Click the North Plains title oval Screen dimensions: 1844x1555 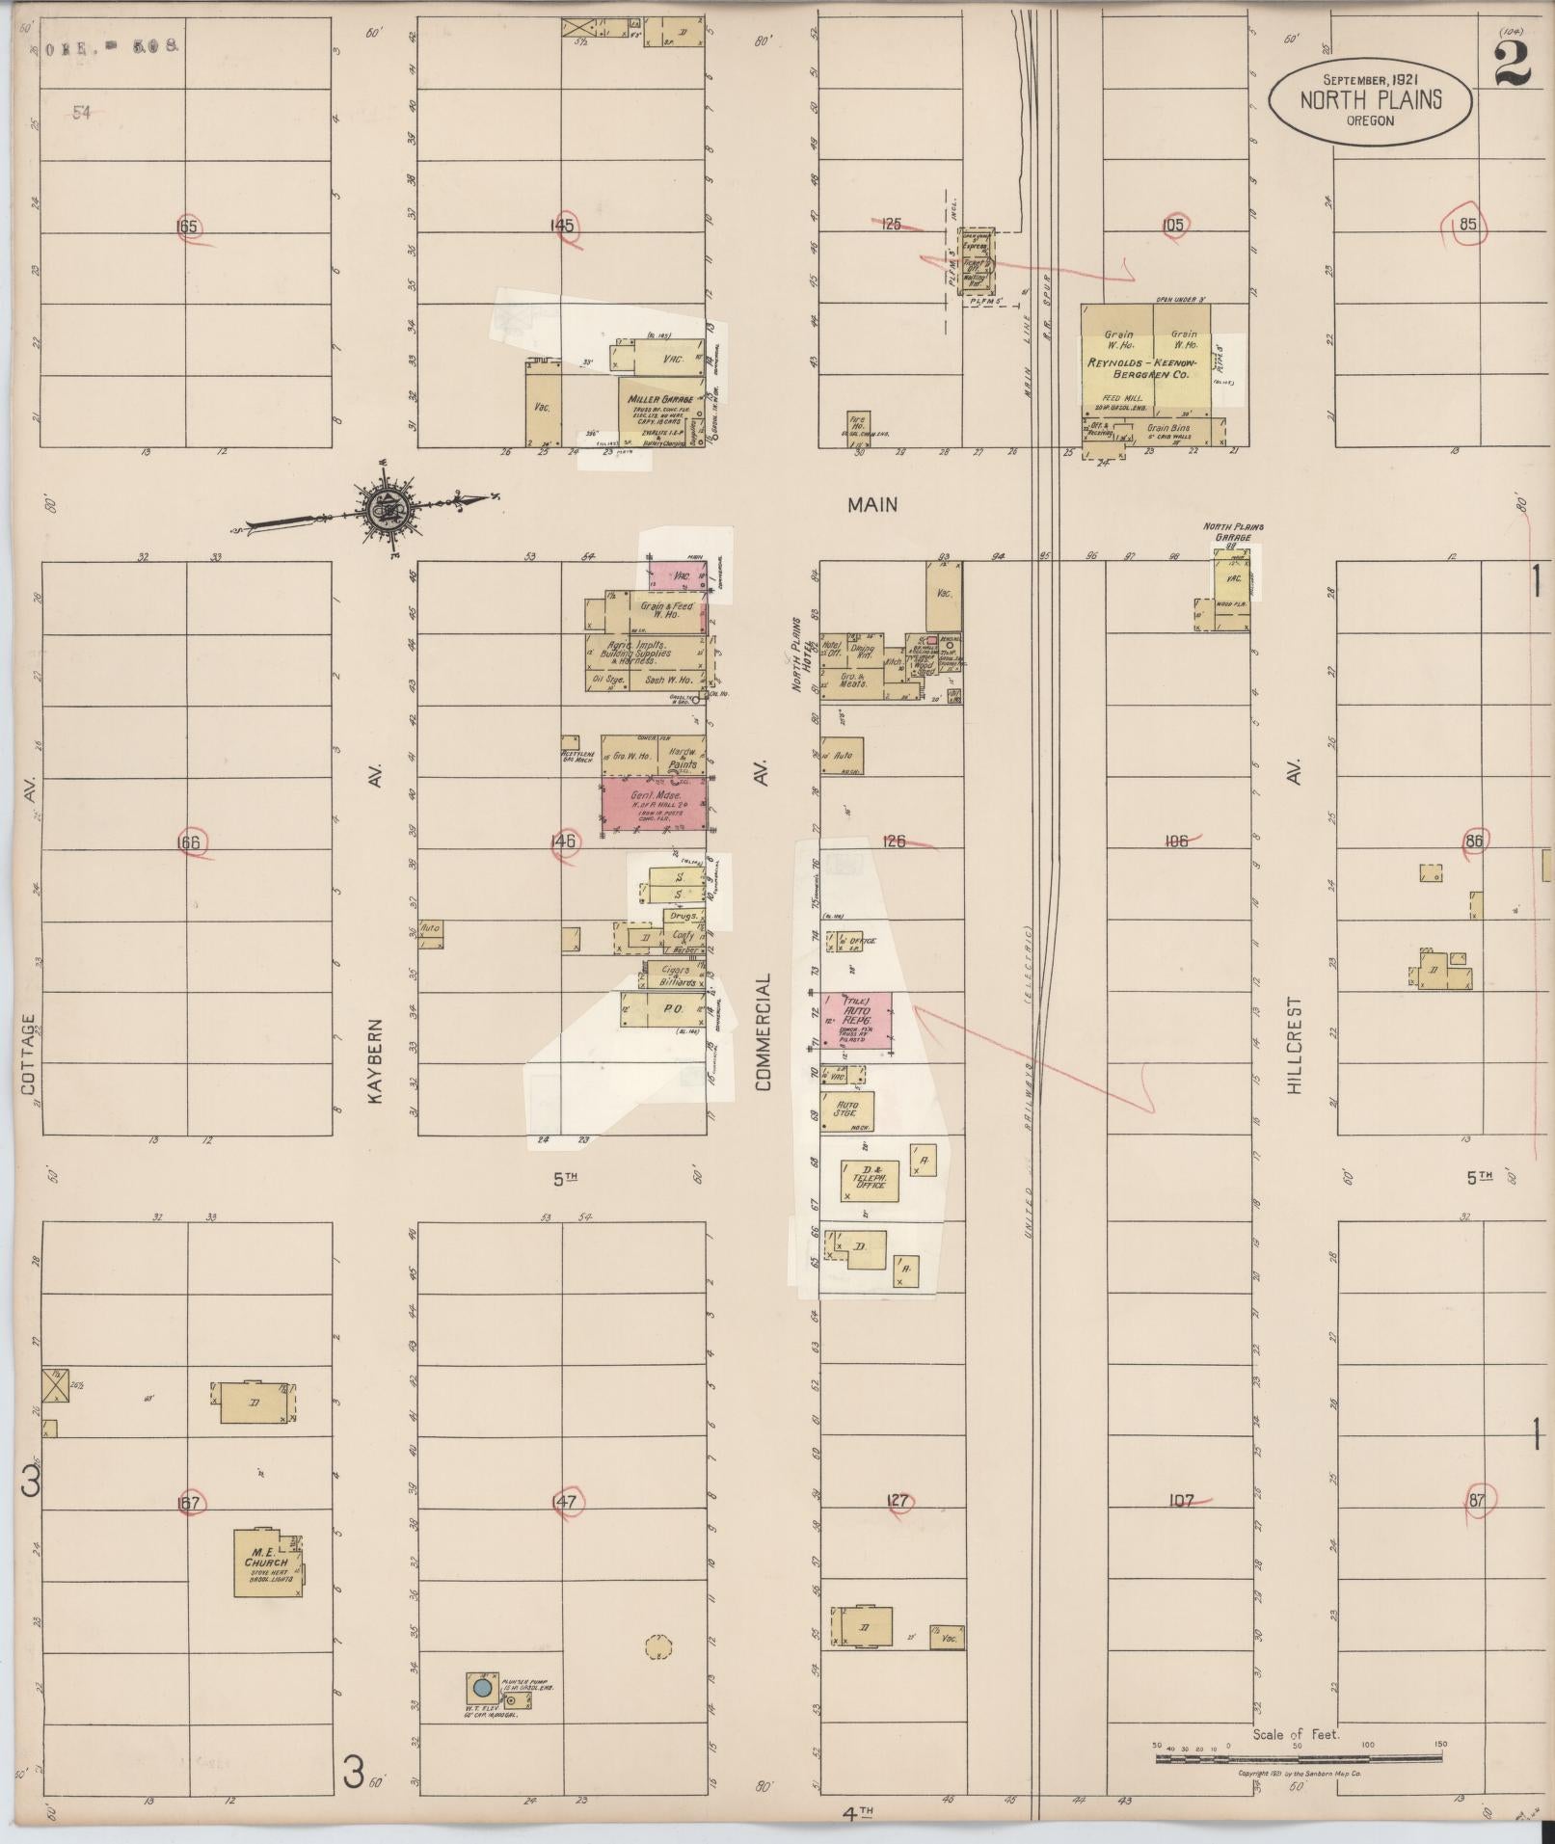point(1371,96)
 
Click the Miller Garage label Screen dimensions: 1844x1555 point(659,399)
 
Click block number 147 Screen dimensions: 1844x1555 point(564,1501)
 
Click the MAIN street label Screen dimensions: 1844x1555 point(872,504)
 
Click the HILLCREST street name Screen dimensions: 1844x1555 point(1294,1046)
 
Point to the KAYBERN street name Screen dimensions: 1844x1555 point(376,1061)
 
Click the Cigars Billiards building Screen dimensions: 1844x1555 point(677,976)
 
